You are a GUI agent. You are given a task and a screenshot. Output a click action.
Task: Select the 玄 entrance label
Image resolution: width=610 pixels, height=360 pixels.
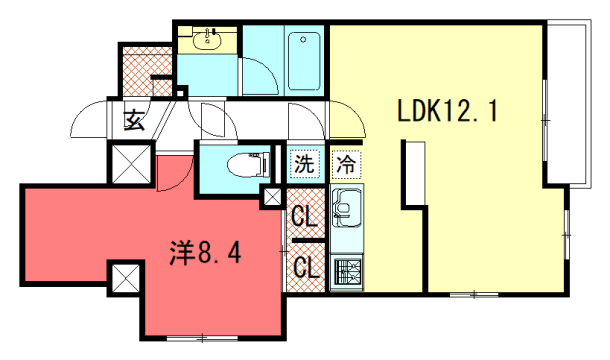pos(133,120)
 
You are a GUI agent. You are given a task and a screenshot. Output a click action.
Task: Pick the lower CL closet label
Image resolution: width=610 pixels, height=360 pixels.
pos(304,267)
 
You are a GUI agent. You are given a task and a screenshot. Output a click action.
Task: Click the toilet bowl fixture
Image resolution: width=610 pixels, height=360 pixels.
pos(245,165)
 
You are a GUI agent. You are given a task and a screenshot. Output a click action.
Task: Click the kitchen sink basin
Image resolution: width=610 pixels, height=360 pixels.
pos(347,210)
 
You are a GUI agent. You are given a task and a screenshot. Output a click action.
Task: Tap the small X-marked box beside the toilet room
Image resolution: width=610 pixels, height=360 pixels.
pos(272,197)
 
